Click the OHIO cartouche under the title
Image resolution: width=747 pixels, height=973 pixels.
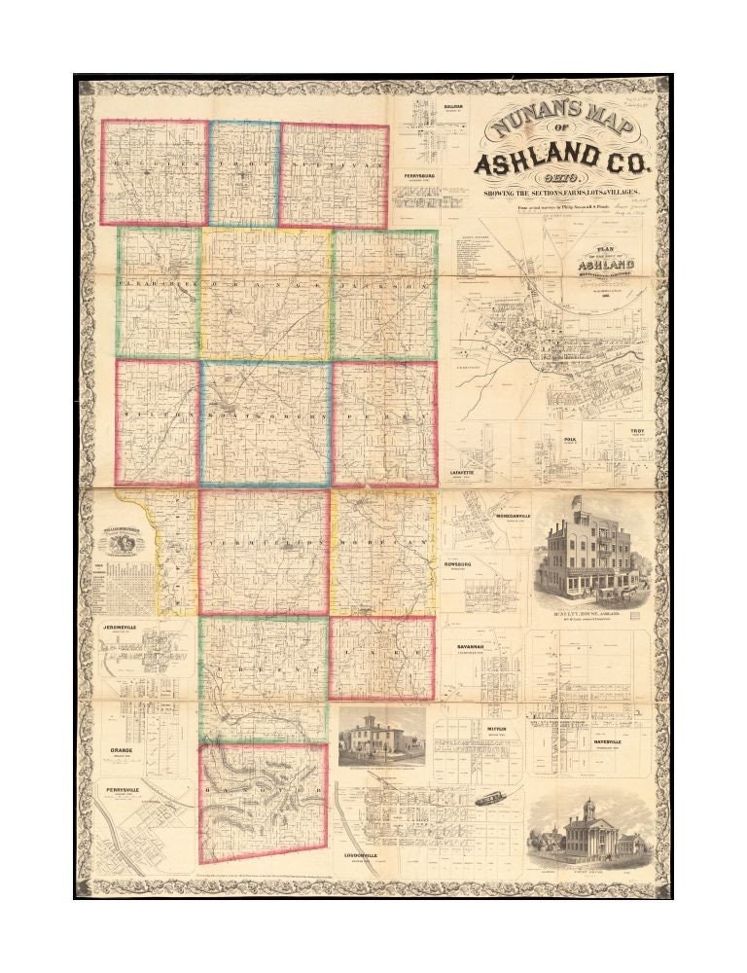pos(561,180)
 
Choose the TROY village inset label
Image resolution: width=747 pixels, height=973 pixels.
pos(636,430)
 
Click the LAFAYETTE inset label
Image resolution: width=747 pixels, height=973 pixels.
pos(467,471)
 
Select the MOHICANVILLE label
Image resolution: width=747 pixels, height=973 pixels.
pos(513,515)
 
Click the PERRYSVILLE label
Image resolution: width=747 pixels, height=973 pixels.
pos(124,790)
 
